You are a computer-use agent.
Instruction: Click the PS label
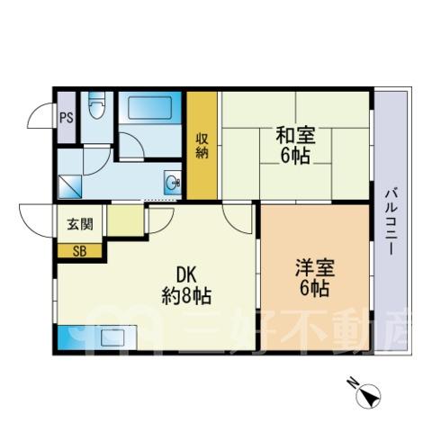(67, 118)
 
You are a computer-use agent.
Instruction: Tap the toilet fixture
(97, 105)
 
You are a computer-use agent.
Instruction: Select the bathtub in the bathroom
(150, 107)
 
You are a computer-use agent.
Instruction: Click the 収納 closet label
(202, 146)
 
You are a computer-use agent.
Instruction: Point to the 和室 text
(295, 136)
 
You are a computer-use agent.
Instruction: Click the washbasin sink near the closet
(173, 182)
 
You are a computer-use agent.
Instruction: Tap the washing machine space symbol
(69, 186)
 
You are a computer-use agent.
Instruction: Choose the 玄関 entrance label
(80, 224)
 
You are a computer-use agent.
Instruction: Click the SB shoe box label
(80, 251)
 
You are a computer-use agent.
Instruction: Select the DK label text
(186, 274)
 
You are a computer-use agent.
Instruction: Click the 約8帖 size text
(186, 296)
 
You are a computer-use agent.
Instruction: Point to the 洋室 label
(315, 267)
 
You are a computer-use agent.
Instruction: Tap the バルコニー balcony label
(392, 220)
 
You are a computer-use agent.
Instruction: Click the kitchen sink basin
(111, 338)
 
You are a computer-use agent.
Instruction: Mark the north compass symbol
(368, 396)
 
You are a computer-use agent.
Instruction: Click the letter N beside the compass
(351, 382)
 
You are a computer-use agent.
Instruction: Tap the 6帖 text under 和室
(295, 156)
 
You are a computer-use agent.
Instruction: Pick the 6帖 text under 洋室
(315, 288)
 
